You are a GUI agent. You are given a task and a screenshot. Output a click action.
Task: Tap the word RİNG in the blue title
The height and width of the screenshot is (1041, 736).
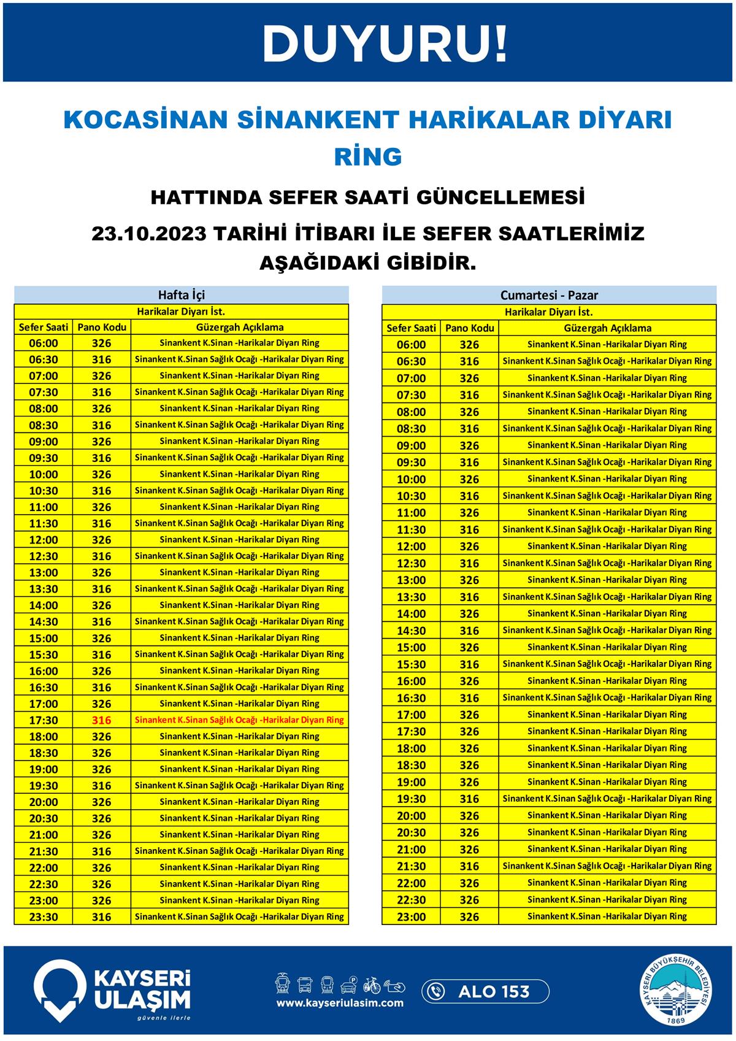(368, 156)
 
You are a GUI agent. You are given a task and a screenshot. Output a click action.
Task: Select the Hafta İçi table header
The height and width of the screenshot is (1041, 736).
(182, 294)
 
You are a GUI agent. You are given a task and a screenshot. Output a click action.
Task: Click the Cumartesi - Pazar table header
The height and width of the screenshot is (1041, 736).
(549, 295)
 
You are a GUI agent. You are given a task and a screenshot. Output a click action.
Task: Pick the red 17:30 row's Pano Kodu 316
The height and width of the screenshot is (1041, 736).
(101, 720)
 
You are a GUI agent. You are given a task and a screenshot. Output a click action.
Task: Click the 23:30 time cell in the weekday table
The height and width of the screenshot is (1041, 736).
(44, 917)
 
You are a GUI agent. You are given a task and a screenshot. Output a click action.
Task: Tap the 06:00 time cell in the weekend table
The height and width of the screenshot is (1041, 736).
(411, 345)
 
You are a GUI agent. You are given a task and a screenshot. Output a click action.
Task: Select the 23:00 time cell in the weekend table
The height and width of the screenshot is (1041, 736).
(411, 916)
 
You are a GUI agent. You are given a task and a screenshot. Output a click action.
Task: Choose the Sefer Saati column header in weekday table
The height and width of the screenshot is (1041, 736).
(44, 327)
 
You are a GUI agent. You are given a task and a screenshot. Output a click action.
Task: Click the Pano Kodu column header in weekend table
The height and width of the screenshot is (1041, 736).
(469, 328)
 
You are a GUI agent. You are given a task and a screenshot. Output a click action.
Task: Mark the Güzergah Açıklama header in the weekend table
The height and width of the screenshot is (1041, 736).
(607, 328)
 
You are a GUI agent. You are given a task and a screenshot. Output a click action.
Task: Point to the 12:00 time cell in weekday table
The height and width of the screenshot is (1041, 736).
(44, 540)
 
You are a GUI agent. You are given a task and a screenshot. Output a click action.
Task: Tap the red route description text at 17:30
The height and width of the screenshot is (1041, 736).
(239, 720)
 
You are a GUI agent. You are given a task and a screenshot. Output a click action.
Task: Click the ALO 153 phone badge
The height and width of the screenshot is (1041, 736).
(485, 991)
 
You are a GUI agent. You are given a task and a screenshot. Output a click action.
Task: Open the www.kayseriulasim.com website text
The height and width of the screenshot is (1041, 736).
(340, 1003)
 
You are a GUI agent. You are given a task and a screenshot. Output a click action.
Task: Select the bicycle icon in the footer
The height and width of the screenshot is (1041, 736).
(372, 985)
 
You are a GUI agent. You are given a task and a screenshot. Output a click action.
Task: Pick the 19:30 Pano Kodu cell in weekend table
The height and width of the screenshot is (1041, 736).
(469, 799)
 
